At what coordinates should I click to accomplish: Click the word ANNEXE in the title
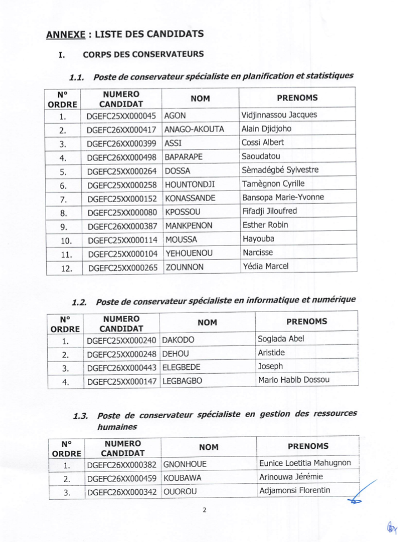[64, 35]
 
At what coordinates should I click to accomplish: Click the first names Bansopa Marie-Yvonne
[283, 198]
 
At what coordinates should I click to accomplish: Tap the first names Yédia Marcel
[266, 266]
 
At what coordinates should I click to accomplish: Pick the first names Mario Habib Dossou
[293, 380]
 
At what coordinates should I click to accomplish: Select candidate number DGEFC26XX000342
[123, 491]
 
